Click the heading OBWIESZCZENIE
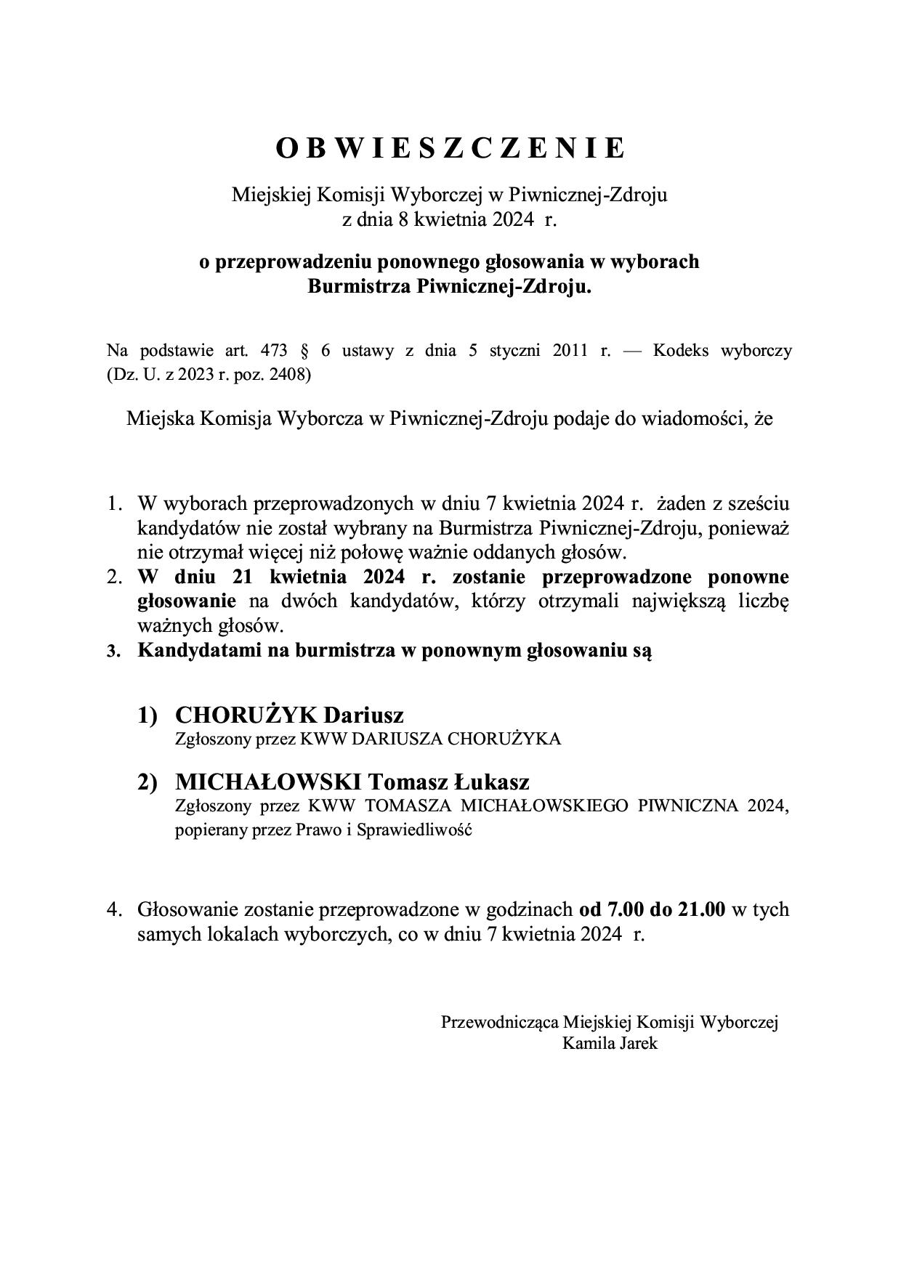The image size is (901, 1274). [x=450, y=147]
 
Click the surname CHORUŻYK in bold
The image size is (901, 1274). [x=246, y=715]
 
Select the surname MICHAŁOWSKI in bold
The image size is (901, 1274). [x=268, y=782]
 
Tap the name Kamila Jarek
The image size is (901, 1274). [x=610, y=1044]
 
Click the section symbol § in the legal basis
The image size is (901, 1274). [x=304, y=351]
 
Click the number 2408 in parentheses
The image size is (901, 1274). [x=290, y=375]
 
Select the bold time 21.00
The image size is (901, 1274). [x=701, y=909]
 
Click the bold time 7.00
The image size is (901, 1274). [x=620, y=909]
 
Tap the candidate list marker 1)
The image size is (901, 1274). [x=148, y=715]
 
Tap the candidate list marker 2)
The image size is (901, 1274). [x=148, y=782]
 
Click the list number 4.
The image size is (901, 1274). [x=114, y=909]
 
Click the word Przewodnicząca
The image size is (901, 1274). [x=499, y=1022]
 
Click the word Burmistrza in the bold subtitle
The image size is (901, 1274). [x=360, y=286]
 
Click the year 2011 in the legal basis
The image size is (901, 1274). [x=570, y=351]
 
